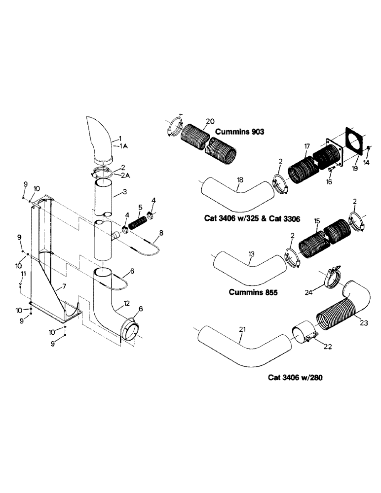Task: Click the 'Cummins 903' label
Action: [240, 132]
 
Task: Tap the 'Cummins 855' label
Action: [253, 292]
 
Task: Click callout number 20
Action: [209, 121]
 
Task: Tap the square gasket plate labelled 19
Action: [353, 143]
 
